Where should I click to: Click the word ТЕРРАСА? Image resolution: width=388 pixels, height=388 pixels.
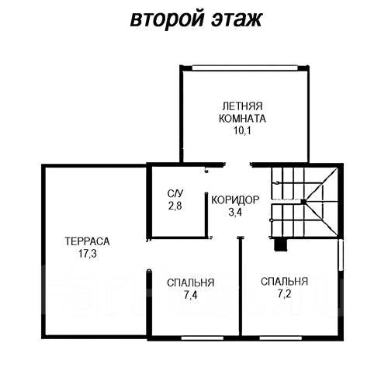point(87,241)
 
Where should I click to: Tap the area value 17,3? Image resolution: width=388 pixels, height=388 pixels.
point(88,254)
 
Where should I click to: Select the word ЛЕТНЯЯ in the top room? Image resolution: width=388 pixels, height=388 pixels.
point(242,106)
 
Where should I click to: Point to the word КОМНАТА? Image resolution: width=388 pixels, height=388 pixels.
point(242,119)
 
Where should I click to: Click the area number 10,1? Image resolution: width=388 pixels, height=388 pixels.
point(242,130)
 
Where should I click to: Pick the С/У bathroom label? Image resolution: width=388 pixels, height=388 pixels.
point(175,193)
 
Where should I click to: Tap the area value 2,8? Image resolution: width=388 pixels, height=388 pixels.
point(175,206)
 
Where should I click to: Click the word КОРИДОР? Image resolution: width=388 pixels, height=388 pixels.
point(235,200)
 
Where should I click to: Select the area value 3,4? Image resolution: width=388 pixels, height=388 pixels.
point(235,212)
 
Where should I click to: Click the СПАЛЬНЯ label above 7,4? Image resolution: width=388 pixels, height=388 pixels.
point(191,282)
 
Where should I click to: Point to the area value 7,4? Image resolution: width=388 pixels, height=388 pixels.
point(191,295)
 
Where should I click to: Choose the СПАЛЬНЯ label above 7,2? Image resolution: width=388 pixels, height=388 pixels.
point(284,282)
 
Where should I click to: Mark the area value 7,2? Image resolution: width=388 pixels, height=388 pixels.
point(284,294)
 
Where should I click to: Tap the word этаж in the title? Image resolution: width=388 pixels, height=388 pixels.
point(237,19)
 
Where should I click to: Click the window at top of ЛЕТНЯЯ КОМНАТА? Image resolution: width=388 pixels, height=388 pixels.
point(244,68)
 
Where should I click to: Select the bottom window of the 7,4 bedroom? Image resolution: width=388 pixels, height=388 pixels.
point(203,338)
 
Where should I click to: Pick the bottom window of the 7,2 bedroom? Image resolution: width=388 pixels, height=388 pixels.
point(281,338)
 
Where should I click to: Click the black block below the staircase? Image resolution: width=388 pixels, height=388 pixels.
point(280,244)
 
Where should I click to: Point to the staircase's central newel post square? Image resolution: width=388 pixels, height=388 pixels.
point(303,201)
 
